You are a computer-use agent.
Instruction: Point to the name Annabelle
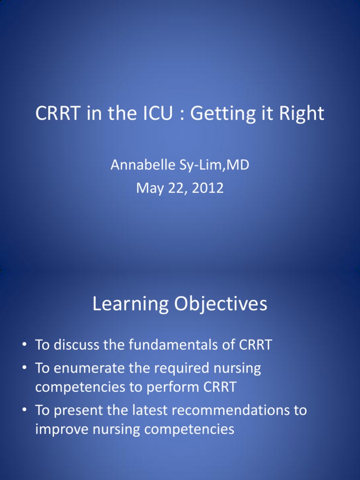click(142, 165)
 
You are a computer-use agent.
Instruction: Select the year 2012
click(208, 188)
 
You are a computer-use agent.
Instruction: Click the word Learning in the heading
click(130, 304)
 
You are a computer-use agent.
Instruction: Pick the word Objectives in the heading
click(221, 304)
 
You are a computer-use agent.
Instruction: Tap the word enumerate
click(89, 368)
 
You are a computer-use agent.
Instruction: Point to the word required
click(182, 369)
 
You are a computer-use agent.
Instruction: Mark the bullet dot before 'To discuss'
click(24, 344)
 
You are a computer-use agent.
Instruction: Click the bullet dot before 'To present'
click(24, 410)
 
